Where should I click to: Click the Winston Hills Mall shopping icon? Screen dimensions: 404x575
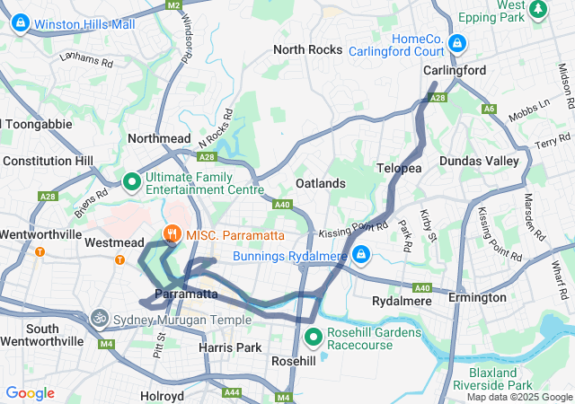pyautogui.click(x=20, y=23)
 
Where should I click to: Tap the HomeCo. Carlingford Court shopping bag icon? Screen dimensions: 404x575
pyautogui.click(x=458, y=42)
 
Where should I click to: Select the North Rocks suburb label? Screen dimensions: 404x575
pyautogui.click(x=308, y=49)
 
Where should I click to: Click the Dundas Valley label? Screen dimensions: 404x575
pyautogui.click(x=479, y=161)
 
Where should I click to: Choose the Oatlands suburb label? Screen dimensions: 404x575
pyautogui.click(x=321, y=183)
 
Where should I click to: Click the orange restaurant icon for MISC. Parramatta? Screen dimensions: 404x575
pyautogui.click(x=171, y=235)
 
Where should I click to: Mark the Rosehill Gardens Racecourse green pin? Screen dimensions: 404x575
pyautogui.click(x=314, y=338)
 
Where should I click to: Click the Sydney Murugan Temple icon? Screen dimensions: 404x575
pyautogui.click(x=98, y=319)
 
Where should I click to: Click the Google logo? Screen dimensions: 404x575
pyautogui.click(x=30, y=393)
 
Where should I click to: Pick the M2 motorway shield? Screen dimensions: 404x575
pyautogui.click(x=174, y=4)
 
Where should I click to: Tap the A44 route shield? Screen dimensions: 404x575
pyautogui.click(x=232, y=392)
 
